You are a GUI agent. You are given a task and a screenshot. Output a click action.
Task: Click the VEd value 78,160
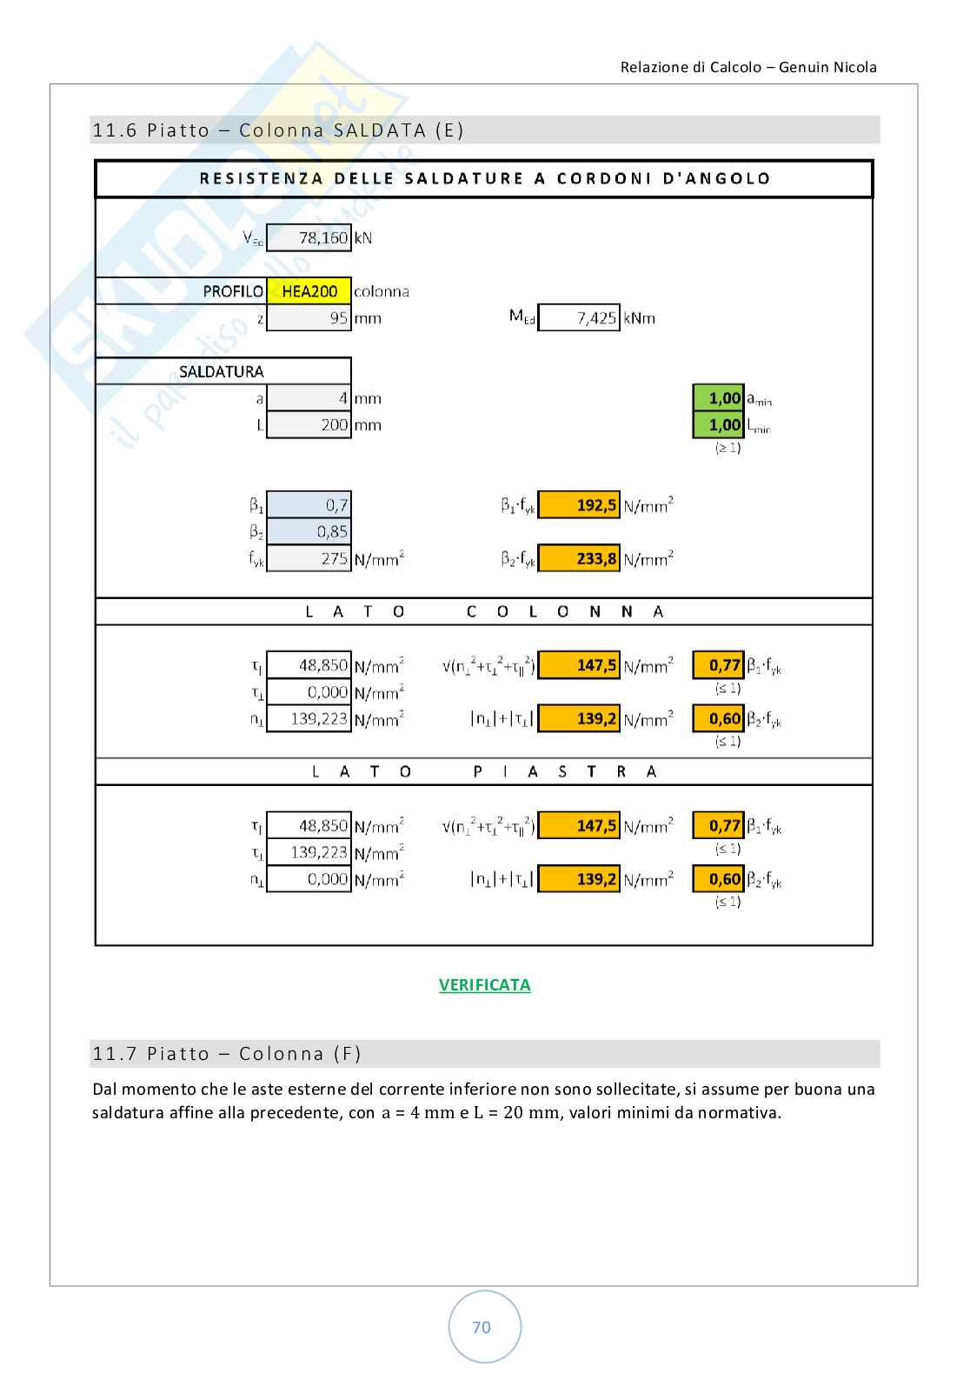click(x=309, y=237)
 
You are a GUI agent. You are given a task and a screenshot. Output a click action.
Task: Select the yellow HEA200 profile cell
click(x=309, y=291)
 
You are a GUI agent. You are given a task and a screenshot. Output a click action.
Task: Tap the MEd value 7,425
click(x=579, y=318)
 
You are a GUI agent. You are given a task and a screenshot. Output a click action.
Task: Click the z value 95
click(x=309, y=318)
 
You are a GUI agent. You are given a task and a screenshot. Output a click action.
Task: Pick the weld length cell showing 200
click(x=309, y=425)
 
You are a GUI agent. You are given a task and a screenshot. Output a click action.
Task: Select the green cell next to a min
click(x=719, y=398)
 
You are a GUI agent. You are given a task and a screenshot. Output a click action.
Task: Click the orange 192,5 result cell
click(x=579, y=505)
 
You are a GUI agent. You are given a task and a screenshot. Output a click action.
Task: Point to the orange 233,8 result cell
click(x=579, y=559)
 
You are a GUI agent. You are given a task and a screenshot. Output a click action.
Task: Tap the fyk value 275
click(x=309, y=559)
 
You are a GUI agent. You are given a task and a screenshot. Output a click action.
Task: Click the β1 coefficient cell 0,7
click(x=309, y=505)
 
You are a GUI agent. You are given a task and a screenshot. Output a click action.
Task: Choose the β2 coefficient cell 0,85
click(x=309, y=532)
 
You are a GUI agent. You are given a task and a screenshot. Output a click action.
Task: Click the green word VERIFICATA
click(x=484, y=985)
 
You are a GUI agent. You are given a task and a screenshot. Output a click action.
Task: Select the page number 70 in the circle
click(x=482, y=1327)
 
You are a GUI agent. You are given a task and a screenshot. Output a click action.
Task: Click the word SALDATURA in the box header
click(x=221, y=372)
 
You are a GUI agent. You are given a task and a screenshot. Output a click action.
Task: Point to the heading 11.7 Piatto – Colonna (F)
click(x=227, y=1054)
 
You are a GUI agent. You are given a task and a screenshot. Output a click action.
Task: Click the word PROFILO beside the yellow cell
click(x=233, y=291)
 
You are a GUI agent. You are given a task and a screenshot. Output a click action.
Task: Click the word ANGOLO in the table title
click(x=727, y=179)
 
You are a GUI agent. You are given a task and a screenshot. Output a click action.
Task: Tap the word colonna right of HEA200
click(x=382, y=291)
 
